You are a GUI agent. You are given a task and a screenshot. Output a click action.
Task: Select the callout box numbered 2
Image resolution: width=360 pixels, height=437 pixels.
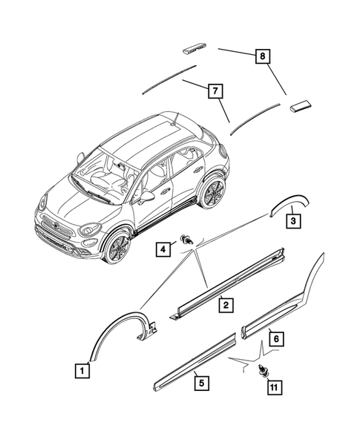click(x=223, y=303)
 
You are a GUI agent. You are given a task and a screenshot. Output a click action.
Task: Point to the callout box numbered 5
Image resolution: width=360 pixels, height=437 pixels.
click(x=199, y=384)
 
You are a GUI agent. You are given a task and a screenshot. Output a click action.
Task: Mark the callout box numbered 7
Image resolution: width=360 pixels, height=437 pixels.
click(x=215, y=91)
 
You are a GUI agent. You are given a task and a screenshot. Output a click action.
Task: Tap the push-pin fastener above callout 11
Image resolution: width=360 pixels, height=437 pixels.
click(x=263, y=372)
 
